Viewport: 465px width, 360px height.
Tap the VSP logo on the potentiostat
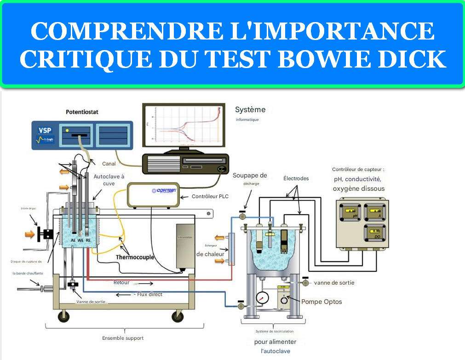click(45, 130)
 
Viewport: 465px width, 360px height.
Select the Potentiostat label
click(82, 112)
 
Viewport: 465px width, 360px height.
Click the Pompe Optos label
click(321, 302)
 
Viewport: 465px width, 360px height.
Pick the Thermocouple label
click(135, 257)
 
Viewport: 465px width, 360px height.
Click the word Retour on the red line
click(121, 282)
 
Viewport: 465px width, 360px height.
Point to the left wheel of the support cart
click(63, 317)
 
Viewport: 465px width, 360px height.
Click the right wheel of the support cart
click(177, 316)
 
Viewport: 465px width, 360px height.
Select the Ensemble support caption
click(123, 338)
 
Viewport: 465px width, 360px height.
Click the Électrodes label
click(296, 178)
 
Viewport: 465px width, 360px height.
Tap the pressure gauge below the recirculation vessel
click(263, 296)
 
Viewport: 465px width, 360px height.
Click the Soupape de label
click(250, 175)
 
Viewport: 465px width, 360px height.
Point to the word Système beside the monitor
click(250, 110)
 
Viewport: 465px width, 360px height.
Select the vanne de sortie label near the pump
click(334, 282)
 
